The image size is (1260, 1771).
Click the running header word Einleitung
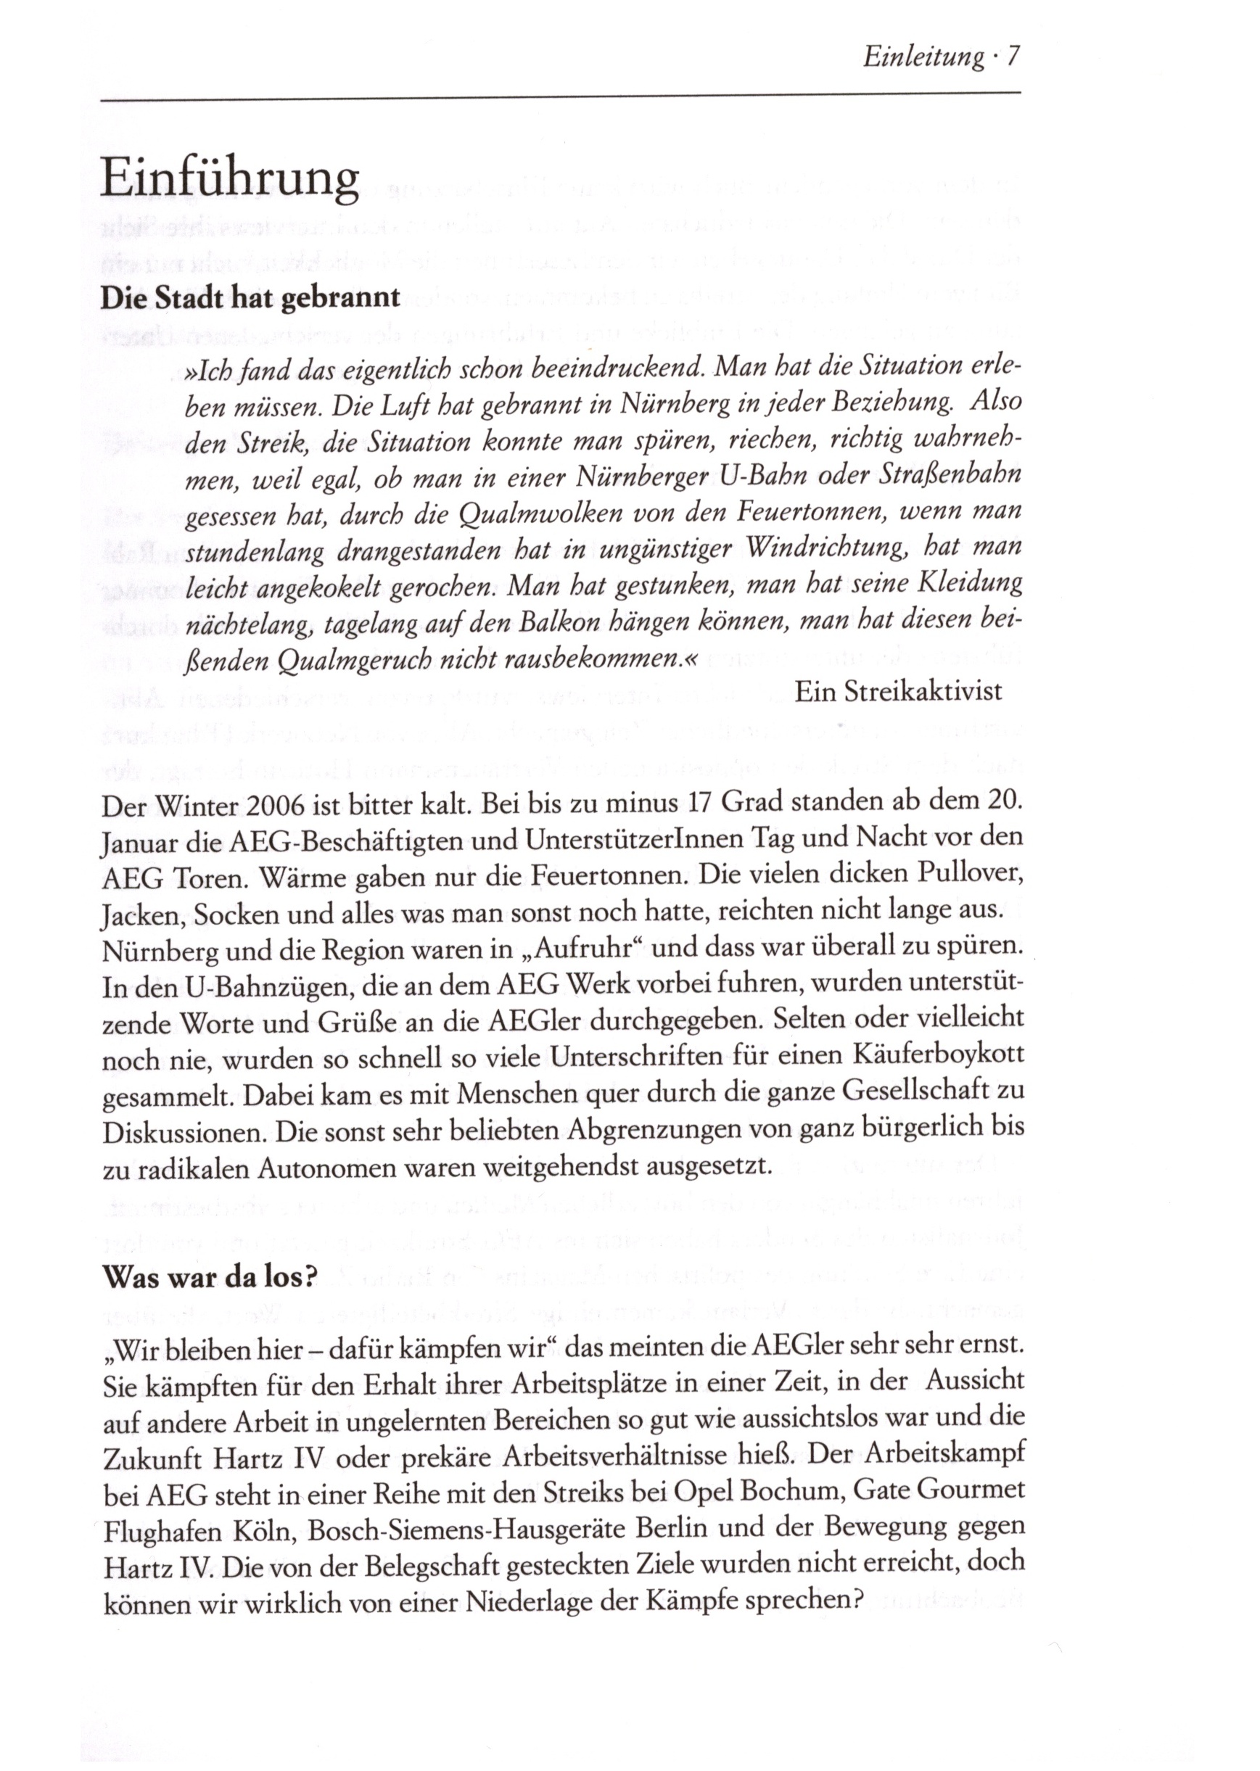(923, 57)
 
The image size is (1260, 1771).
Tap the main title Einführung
(230, 179)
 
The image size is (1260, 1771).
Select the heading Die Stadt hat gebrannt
(250, 299)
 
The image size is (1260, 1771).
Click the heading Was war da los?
(210, 1276)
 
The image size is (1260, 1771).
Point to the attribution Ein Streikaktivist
(899, 691)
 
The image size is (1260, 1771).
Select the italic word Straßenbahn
(955, 475)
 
